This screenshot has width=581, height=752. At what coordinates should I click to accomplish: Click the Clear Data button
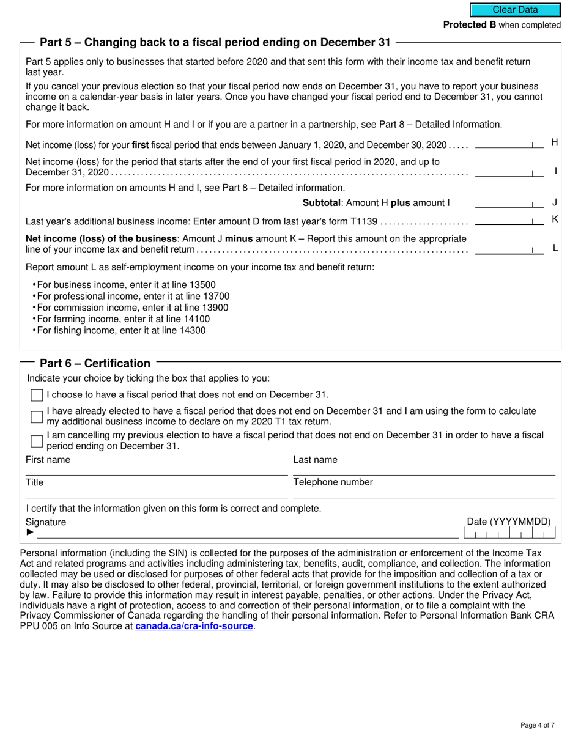(515, 10)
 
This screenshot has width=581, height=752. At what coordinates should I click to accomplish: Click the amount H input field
(509, 144)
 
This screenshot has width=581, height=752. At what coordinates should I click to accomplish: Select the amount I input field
(509, 172)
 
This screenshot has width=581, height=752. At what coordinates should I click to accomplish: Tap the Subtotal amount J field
(509, 202)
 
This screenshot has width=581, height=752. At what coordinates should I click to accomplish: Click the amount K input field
(509, 219)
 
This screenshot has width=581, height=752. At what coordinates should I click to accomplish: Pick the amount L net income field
(509, 248)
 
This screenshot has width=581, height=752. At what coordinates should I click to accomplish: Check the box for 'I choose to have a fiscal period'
(37, 395)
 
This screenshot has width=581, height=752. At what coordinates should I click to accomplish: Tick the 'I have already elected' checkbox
(37, 416)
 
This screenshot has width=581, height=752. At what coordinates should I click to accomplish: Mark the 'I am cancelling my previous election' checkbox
(37, 441)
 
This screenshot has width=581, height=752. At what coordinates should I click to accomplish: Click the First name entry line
(156, 470)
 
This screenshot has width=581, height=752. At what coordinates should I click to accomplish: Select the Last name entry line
(424, 470)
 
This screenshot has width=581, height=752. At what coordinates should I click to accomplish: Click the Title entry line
(156, 492)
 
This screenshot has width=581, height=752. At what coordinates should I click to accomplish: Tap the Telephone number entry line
(424, 492)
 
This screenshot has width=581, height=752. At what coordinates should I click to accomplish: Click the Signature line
(245, 533)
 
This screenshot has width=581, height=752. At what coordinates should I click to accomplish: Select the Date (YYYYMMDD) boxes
(509, 534)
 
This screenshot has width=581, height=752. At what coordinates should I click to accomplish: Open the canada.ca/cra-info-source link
(194, 626)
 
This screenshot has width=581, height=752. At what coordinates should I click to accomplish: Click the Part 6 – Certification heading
(95, 363)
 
